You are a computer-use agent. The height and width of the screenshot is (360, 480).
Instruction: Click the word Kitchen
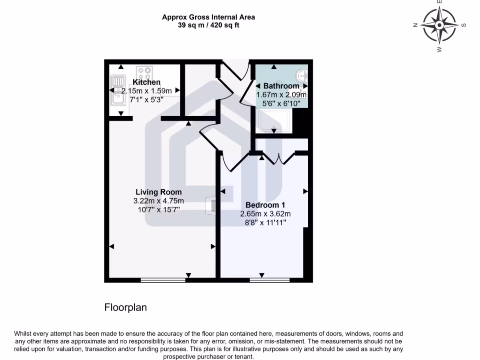click(146, 82)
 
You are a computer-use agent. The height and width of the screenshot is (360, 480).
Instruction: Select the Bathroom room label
click(281, 86)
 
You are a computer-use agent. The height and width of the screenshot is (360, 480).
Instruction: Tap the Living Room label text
click(158, 192)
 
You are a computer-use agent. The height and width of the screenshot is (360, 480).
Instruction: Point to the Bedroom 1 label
click(265, 205)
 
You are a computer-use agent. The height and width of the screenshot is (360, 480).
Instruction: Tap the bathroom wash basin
click(302, 75)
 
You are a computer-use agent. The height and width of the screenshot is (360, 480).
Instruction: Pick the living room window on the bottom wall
click(163, 280)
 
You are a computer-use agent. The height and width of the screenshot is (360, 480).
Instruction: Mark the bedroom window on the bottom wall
click(270, 280)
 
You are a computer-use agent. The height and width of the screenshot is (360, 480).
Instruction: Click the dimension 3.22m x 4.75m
click(158, 201)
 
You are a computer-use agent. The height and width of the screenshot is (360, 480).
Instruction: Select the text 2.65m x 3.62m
click(265, 214)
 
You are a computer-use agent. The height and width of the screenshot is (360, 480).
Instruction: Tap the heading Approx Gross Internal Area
click(209, 17)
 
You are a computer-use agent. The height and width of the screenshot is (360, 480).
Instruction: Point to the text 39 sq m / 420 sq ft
click(209, 25)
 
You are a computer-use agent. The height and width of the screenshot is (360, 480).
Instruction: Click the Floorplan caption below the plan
click(125, 307)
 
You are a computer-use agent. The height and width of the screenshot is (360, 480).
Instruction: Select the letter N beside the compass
click(415, 25)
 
